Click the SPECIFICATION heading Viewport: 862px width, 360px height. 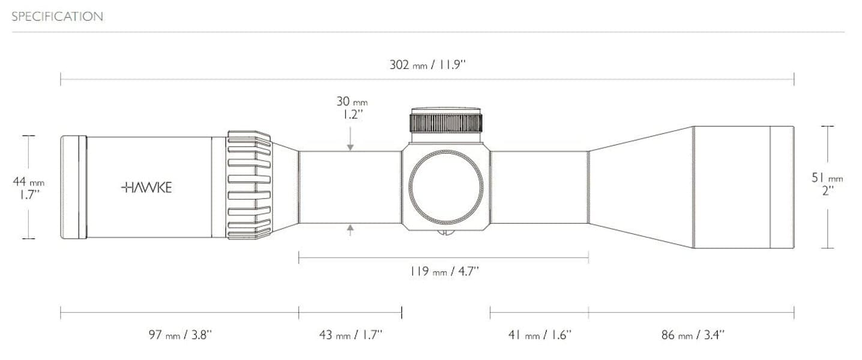tap(57, 17)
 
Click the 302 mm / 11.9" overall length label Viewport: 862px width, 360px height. tap(427, 65)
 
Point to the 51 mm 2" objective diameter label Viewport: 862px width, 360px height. tap(827, 184)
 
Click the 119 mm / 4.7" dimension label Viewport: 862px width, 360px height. tap(444, 272)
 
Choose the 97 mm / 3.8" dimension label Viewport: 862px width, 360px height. tap(180, 335)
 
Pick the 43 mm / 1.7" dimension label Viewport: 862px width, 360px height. tap(351, 335)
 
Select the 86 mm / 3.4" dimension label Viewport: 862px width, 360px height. tap(693, 335)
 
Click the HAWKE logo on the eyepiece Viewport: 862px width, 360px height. tap(146, 188)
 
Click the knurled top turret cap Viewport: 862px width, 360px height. tap(446, 121)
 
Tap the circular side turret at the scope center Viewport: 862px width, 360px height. tap(446, 187)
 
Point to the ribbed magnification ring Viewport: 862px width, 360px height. tap(249, 187)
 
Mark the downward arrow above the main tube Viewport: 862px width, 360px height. tap(350, 145)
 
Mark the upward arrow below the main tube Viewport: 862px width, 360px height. tap(350, 229)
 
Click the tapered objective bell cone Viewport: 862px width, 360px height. tap(641, 187)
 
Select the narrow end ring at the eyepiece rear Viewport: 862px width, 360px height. tap(73, 187)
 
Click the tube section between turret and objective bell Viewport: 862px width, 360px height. tap(538, 187)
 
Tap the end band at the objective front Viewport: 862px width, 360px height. tap(782, 187)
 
